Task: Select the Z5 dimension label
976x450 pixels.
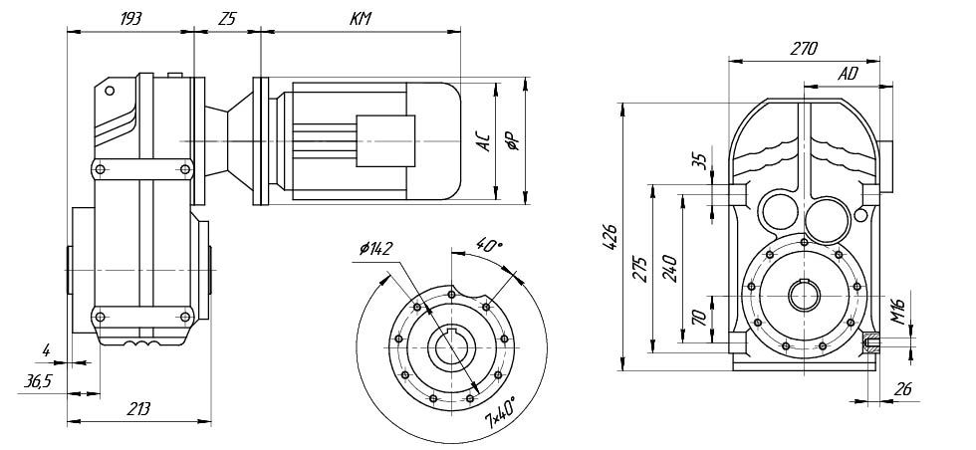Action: (x=227, y=19)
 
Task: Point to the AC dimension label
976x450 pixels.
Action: (x=483, y=141)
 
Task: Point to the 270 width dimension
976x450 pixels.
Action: (x=803, y=47)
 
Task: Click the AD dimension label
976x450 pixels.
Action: (x=848, y=74)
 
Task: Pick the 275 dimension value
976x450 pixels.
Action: (x=640, y=269)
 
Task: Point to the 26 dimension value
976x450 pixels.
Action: (x=903, y=389)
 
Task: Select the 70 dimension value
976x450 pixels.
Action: (x=699, y=318)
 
